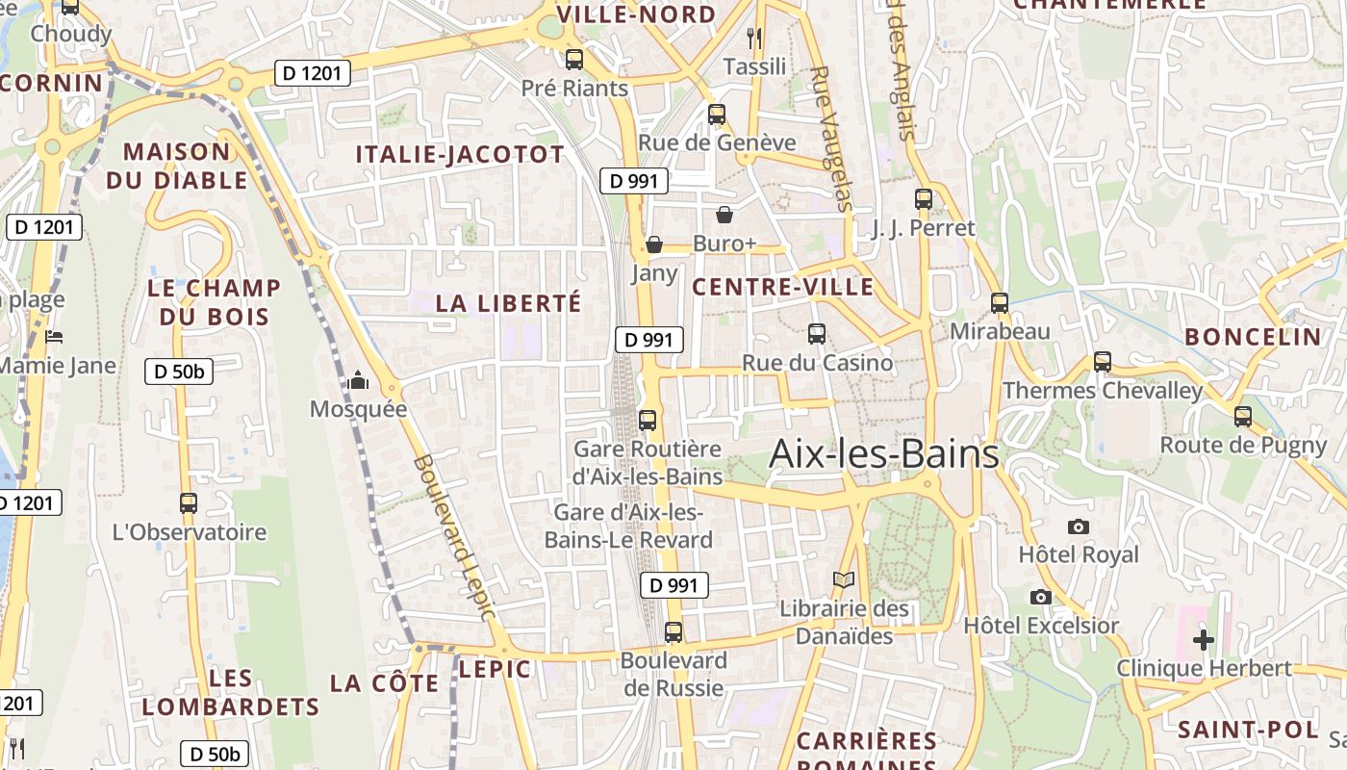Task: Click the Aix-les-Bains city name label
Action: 884,453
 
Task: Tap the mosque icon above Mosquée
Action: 358,381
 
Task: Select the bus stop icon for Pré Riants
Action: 574,59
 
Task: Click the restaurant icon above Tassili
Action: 754,38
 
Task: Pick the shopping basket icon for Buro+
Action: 724,215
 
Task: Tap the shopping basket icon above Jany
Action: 654,244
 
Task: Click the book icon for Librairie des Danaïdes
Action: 844,579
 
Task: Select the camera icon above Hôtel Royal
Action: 1079,526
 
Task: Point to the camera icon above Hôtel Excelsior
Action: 1040,597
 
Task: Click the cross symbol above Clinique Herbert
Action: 1203,639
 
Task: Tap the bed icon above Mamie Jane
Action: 54,337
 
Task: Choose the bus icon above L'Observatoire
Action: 189,502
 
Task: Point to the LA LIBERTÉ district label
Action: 509,303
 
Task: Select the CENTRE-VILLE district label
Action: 783,287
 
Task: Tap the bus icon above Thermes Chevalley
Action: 1103,362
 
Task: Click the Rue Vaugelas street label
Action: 832,138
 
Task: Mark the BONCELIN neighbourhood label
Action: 1254,337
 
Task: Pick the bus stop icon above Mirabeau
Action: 1000,303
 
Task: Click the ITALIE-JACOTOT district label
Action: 460,155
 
